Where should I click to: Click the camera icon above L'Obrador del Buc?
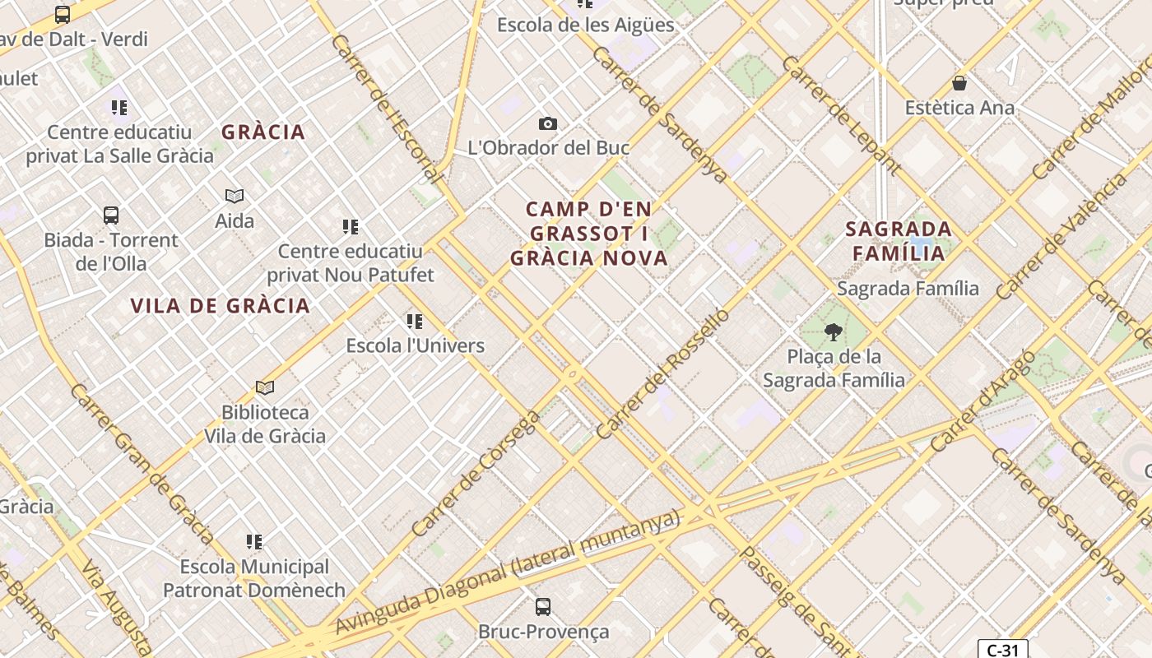548,124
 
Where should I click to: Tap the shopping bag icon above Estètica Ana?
959,83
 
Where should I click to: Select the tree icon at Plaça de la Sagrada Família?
834,332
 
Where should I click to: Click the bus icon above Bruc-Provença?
543,607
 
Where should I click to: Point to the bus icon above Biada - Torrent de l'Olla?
111,215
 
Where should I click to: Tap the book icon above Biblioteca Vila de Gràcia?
265,387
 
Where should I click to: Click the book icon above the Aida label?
235,196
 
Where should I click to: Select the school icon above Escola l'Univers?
415,321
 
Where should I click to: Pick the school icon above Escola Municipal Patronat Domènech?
254,542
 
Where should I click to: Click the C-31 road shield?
1002,650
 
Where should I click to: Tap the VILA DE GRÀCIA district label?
221,306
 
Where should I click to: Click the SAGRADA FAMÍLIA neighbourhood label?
899,240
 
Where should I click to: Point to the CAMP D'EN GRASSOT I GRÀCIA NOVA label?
589,234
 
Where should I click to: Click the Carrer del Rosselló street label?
662,373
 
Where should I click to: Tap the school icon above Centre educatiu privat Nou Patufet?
351,226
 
